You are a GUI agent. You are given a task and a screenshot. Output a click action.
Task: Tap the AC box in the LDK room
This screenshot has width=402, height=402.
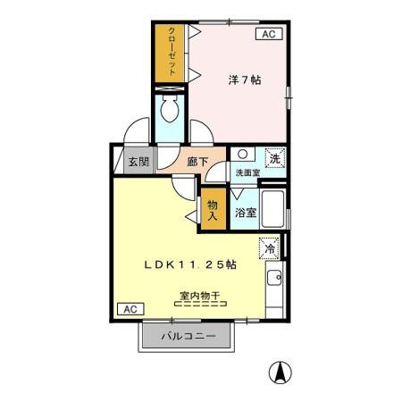(128, 308)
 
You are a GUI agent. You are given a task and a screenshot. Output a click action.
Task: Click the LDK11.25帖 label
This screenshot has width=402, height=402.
(191, 264)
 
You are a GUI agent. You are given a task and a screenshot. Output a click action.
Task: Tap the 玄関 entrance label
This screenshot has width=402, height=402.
(138, 162)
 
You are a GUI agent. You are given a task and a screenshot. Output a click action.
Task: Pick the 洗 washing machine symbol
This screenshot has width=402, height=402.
(275, 156)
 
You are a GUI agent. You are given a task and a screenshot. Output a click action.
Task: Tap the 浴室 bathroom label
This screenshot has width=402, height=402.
(247, 213)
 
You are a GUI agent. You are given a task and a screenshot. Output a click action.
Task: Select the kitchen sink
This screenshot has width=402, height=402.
(274, 281)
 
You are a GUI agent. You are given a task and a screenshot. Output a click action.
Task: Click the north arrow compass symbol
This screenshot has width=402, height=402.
(282, 372)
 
